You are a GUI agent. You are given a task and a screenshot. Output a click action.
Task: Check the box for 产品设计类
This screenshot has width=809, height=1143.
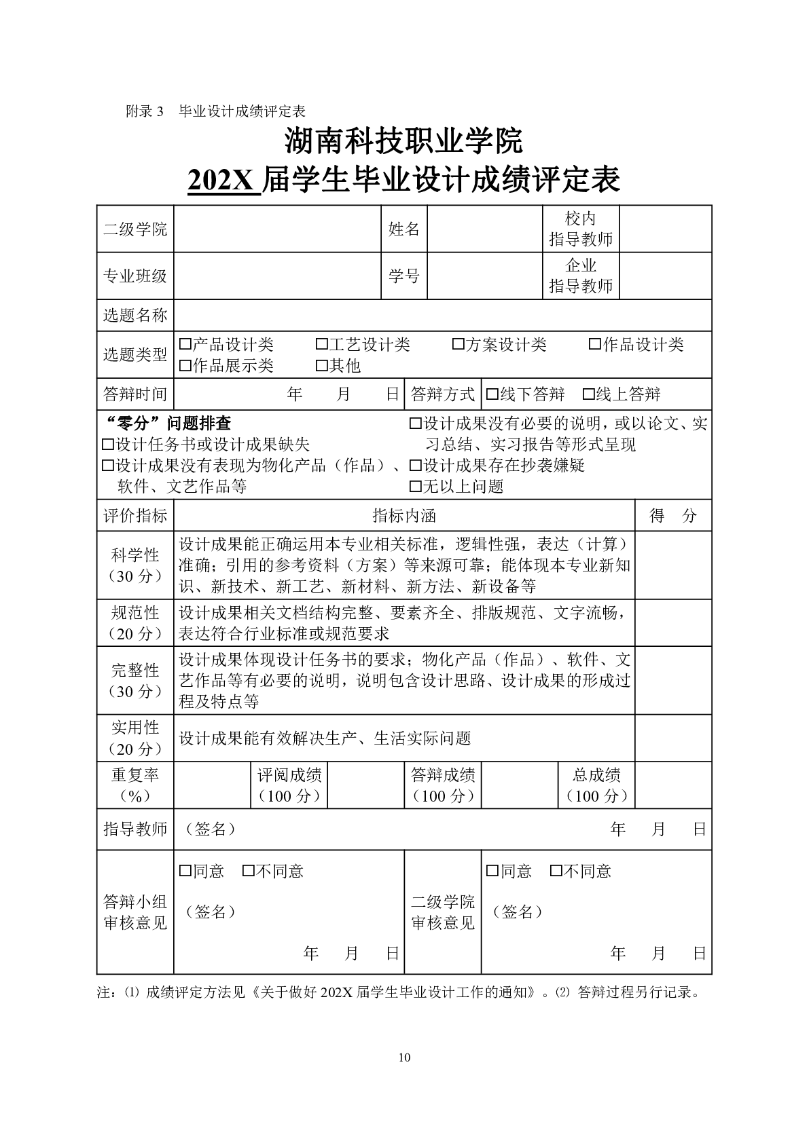click(185, 345)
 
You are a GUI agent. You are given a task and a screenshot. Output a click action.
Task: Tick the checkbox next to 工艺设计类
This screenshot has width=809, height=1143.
click(322, 345)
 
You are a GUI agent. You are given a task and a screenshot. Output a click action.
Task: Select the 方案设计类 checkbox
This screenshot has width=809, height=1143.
click(459, 345)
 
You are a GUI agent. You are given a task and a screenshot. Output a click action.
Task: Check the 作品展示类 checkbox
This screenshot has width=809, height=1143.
click(185, 367)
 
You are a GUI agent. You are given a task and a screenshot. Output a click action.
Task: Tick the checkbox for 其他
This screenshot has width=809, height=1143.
click(322, 367)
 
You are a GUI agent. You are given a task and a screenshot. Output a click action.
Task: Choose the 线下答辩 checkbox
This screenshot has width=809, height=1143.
click(492, 394)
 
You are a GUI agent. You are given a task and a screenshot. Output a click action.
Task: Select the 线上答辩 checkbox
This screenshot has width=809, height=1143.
click(589, 394)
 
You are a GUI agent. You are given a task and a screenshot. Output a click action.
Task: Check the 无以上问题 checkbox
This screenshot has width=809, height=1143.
click(416, 487)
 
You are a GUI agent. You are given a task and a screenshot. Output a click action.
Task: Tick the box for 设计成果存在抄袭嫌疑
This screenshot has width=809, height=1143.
click(416, 466)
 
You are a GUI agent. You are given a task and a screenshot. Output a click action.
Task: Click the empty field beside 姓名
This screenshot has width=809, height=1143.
click(484, 229)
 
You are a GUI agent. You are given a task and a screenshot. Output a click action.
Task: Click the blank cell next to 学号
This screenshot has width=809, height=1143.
click(484, 276)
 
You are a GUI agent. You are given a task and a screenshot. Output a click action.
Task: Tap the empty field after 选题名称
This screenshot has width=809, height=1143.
click(442, 316)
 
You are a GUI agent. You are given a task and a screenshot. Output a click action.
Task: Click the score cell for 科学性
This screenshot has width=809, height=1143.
click(672, 565)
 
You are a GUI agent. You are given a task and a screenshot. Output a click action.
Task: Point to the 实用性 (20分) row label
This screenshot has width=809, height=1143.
click(135, 738)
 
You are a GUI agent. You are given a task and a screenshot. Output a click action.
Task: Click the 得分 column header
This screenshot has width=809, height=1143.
click(672, 516)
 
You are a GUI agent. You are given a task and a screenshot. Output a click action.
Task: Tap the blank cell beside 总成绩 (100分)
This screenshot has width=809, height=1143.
click(672, 785)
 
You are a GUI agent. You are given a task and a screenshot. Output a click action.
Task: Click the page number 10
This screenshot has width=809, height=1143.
click(405, 1057)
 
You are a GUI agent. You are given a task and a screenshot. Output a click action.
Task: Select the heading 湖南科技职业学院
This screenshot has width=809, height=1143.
click(404, 141)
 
